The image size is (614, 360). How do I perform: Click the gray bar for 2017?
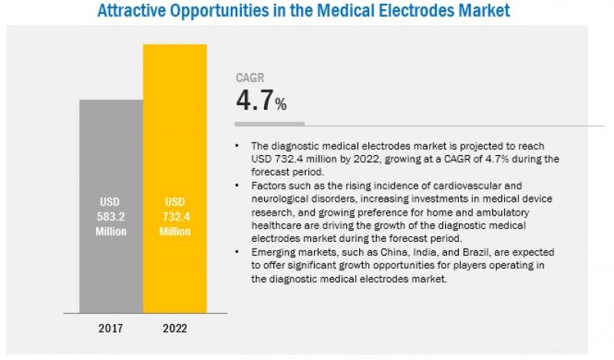click(x=111, y=154)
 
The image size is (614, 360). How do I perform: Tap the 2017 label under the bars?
click(x=111, y=327)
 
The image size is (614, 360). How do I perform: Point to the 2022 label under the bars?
click(x=174, y=327)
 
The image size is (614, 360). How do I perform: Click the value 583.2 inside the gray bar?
click(x=111, y=217)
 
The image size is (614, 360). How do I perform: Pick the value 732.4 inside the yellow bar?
click(x=174, y=217)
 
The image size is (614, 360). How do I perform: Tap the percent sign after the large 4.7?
click(x=282, y=105)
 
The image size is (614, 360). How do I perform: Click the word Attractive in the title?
click(x=138, y=12)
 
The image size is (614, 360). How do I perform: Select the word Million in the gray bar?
click(x=111, y=231)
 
